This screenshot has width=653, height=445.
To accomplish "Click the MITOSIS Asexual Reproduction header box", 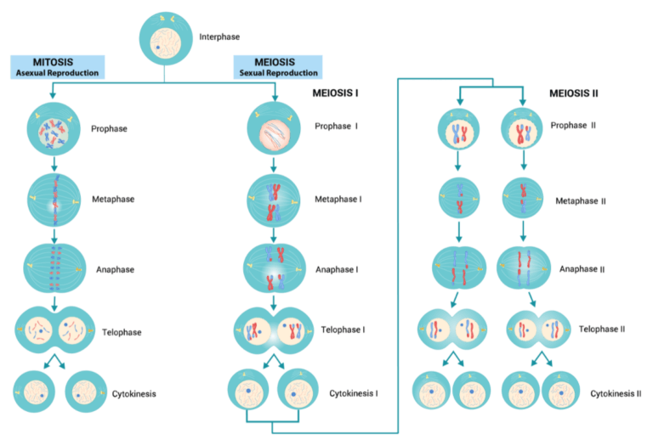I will [x=56, y=67].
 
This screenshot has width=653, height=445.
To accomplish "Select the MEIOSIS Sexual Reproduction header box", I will [x=276, y=67].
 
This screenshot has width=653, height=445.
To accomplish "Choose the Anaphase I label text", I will [x=338, y=269].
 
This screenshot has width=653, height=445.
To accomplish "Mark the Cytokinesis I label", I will [x=354, y=394].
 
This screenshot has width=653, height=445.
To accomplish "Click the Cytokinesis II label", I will [x=616, y=394].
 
